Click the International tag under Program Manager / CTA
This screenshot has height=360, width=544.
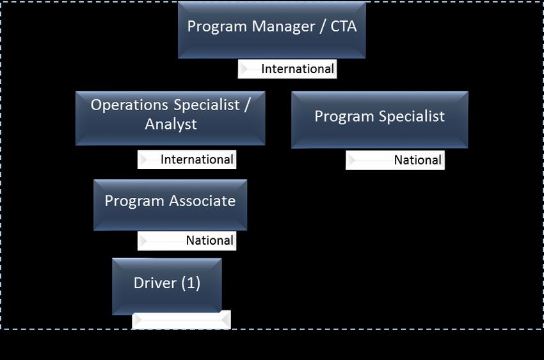(297, 69)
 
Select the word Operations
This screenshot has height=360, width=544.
(129, 105)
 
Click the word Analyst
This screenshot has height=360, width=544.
(170, 124)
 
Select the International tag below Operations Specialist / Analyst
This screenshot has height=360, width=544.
(196, 160)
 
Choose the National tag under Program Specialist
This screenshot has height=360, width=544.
(417, 160)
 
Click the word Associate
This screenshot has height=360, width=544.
(202, 201)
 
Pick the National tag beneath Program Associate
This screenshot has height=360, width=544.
(209, 241)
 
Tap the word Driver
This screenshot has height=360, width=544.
(154, 283)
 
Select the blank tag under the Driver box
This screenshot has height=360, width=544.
(181, 320)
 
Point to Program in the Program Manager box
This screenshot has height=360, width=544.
(216, 27)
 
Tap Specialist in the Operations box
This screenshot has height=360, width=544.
(205, 105)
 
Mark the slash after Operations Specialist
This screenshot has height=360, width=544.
(246, 105)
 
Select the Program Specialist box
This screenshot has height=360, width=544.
(380, 119)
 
